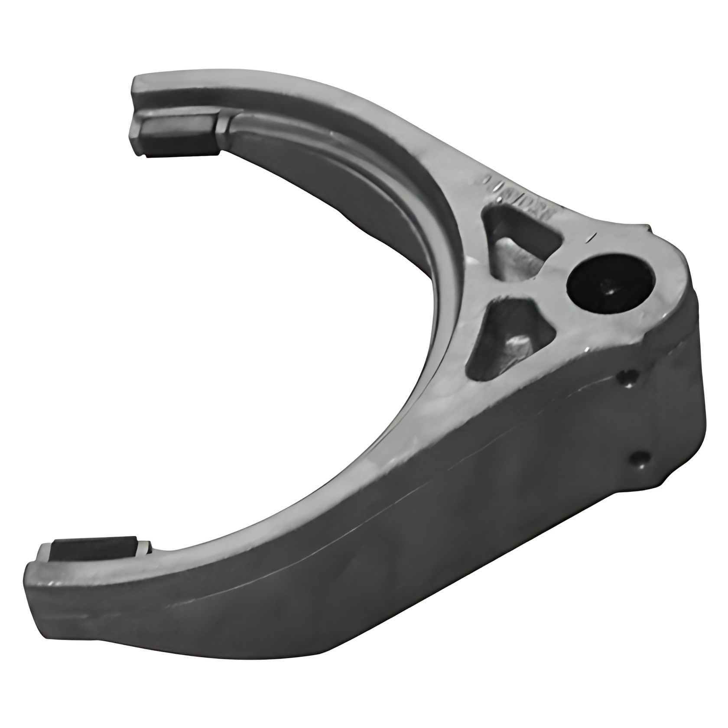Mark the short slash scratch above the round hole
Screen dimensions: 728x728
pos(591,237)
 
